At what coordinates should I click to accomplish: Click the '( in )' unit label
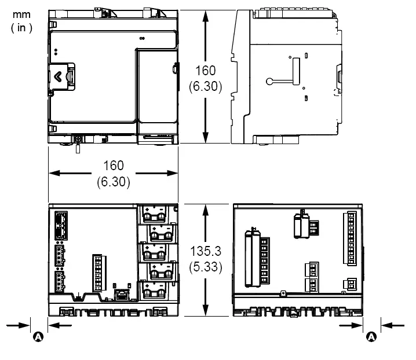21,27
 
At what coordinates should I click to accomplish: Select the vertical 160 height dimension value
205,71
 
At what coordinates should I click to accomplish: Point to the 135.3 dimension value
205,253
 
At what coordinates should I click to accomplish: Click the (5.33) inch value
205,267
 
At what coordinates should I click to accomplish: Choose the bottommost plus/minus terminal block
158,288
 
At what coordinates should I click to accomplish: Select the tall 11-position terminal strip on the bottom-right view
352,239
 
